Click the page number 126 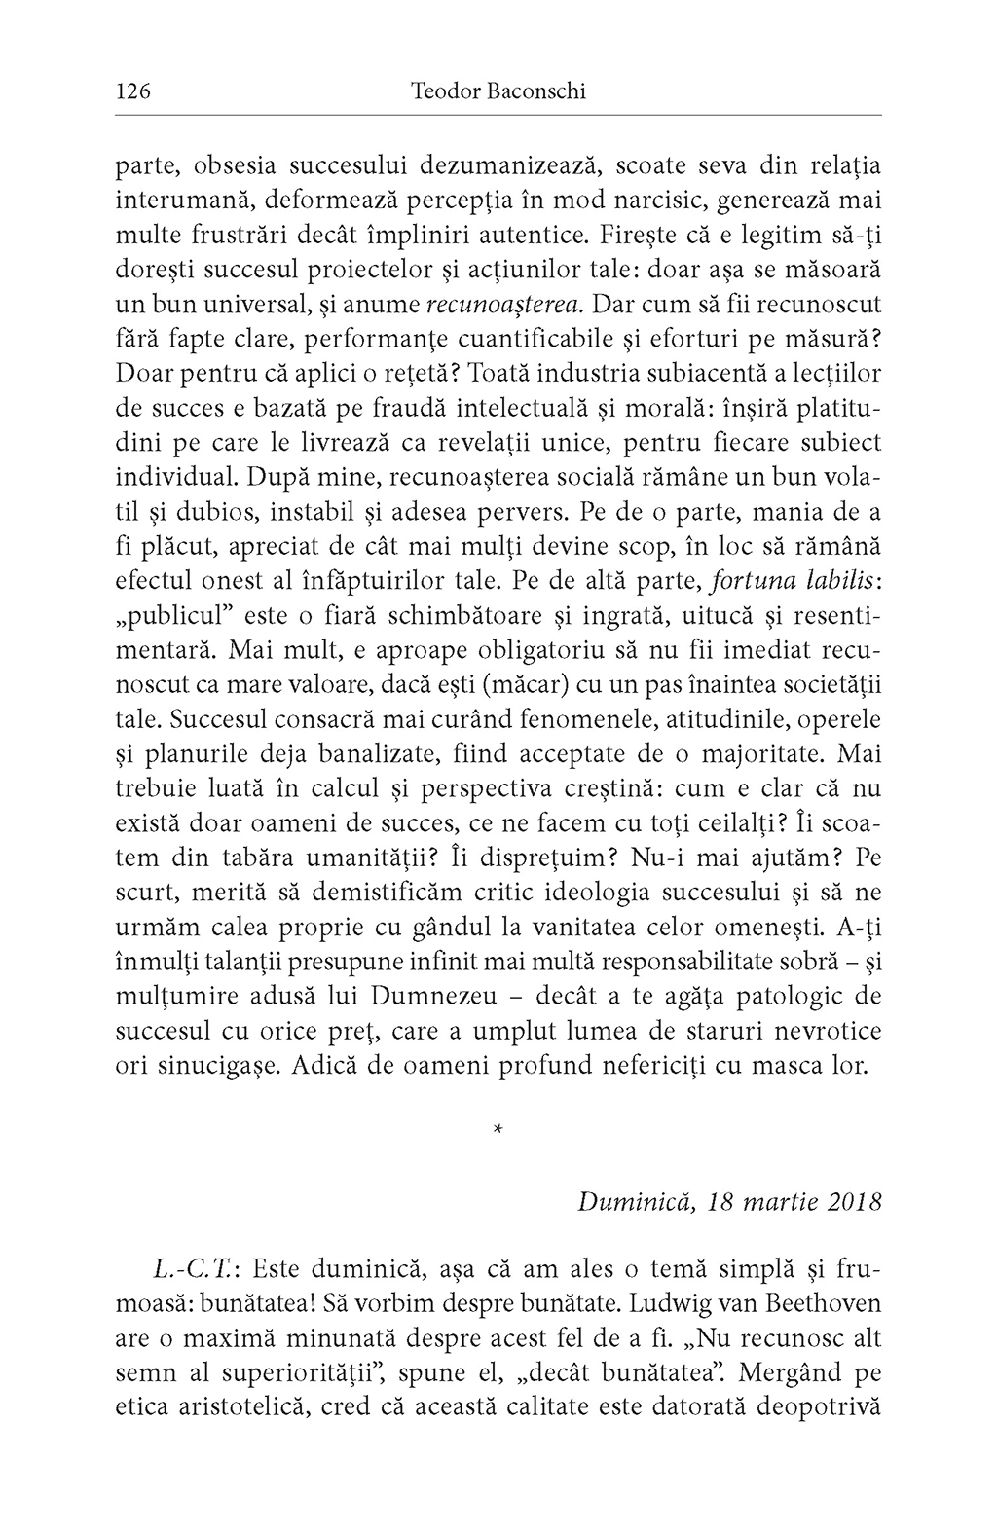tap(132, 92)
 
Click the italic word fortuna tap(748, 581)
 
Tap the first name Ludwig tap(673, 1303)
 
